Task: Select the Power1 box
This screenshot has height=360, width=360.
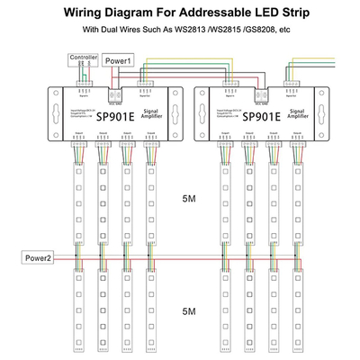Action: (x=120, y=60)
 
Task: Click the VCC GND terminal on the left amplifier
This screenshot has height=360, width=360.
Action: (x=117, y=94)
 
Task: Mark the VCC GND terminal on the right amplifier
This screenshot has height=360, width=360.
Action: (x=258, y=94)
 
